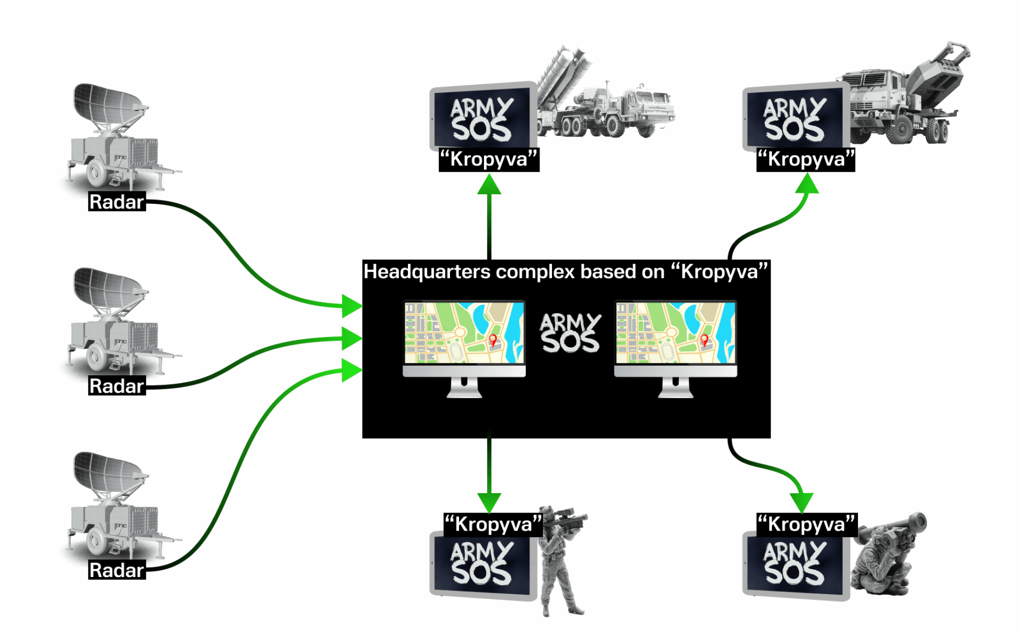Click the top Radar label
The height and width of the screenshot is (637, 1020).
pos(116,202)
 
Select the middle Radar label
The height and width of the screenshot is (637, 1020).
pos(116,386)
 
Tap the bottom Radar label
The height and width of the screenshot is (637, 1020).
pos(116,570)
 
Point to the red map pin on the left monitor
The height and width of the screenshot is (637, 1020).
pos(493,340)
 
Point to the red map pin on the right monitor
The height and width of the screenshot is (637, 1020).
pos(704,340)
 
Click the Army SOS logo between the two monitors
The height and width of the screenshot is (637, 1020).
pos(570,333)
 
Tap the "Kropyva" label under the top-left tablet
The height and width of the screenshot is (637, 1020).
pos(488,160)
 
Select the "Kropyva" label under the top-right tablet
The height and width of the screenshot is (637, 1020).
pos(805,160)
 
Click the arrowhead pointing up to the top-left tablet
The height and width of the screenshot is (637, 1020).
pos(489,185)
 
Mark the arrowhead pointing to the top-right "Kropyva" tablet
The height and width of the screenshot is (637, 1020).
pos(807,185)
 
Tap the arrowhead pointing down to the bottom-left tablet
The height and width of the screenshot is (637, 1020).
pos(489,502)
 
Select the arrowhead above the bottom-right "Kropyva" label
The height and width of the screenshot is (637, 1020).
pos(801,502)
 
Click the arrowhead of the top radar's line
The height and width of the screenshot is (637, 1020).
pos(351,306)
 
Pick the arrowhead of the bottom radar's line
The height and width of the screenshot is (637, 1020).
pos(351,370)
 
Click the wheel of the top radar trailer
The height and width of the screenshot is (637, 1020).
pos(96,173)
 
